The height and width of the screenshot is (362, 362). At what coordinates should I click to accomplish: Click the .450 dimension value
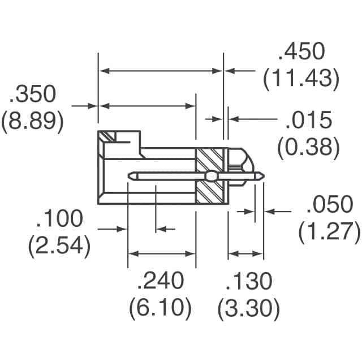coord(301,52)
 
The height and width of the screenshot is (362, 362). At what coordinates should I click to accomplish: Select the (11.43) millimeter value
coord(301,79)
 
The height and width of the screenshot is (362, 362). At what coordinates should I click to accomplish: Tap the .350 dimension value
coord(32,95)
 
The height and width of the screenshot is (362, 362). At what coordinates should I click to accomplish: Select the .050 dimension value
coord(330,205)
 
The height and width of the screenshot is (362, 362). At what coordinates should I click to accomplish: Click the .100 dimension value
coord(59,219)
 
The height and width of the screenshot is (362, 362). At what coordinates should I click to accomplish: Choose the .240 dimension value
coord(161,281)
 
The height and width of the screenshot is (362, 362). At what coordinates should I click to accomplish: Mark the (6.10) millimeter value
coord(161,308)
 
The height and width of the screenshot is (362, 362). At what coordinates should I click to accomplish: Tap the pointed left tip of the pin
coord(131,176)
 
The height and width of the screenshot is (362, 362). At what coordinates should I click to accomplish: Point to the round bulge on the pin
coord(210,176)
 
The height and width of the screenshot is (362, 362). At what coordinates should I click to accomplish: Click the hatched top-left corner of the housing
coord(107,137)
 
